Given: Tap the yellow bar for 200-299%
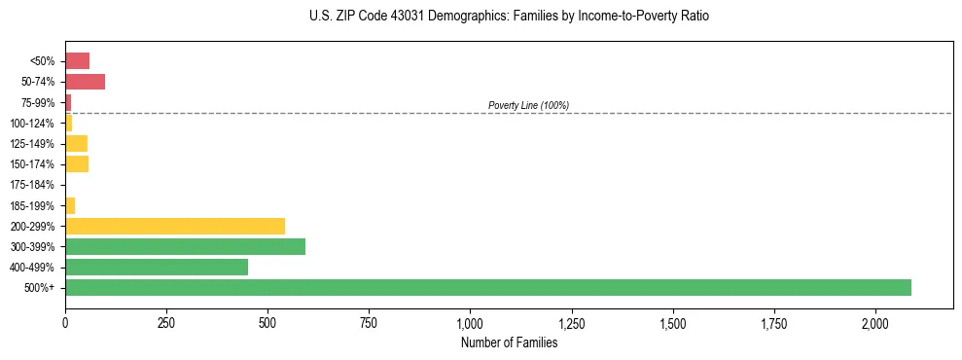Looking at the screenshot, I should [175, 226].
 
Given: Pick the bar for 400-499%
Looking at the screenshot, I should [157, 267].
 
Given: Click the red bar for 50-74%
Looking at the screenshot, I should [85, 82].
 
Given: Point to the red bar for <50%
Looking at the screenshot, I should [77, 61].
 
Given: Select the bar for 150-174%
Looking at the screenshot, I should [77, 164].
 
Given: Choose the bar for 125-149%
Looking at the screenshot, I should [76, 144].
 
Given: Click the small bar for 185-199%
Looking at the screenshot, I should [70, 205].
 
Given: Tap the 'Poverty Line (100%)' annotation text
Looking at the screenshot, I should [528, 105].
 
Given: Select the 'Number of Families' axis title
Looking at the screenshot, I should [510, 342].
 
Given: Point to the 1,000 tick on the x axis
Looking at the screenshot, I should [470, 322].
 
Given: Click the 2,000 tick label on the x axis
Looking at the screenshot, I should [875, 322].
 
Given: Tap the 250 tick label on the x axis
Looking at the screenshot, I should [166, 322].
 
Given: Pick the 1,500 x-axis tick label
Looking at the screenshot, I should [672, 322].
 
